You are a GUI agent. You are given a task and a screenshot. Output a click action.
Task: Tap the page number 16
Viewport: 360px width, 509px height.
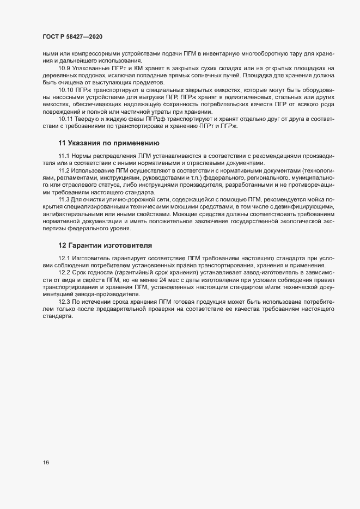pos(46,463)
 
